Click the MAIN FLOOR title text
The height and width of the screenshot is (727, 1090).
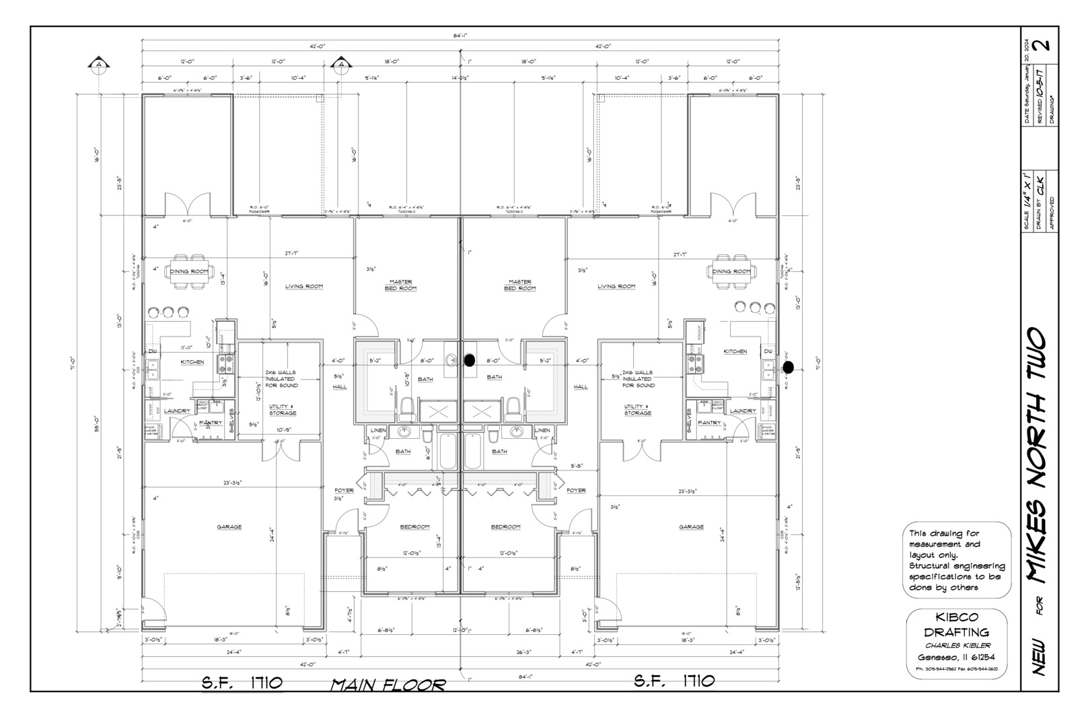click(x=388, y=685)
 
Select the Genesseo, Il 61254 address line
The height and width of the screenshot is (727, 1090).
click(x=956, y=658)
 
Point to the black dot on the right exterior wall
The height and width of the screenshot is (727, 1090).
click(x=788, y=366)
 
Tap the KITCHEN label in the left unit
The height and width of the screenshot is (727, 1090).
click(x=192, y=362)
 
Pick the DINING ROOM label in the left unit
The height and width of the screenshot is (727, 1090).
click(x=188, y=271)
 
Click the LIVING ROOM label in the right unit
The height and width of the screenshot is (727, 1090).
click(x=616, y=286)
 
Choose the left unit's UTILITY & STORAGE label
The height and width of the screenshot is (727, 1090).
click(x=282, y=410)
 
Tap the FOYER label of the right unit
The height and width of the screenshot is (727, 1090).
click(x=576, y=490)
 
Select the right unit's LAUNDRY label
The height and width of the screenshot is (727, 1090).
click(x=743, y=411)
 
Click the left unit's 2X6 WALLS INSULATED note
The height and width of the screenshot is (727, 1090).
click(x=281, y=378)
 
